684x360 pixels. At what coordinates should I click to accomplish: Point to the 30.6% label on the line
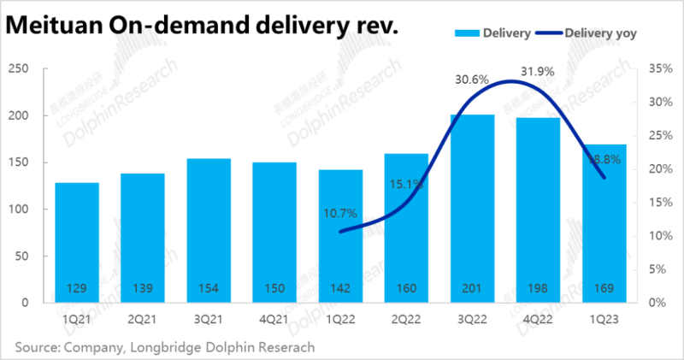coord(472,79)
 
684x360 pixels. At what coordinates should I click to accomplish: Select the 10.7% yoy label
coord(340,212)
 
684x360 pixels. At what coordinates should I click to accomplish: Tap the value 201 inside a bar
coord(472,287)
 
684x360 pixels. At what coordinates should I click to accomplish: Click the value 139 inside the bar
coord(143,287)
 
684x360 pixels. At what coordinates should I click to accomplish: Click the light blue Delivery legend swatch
coord(464,32)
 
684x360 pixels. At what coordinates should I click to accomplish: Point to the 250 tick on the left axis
coord(20,68)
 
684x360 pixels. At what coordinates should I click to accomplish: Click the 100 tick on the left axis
coord(20,209)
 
